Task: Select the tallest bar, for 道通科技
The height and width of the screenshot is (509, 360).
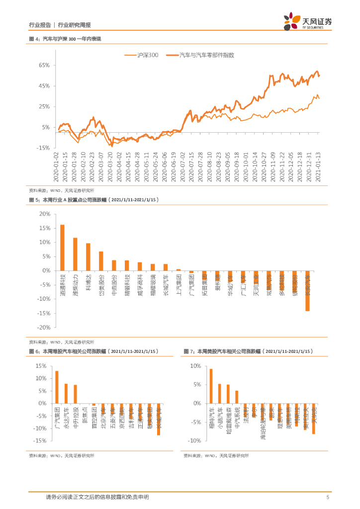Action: pyautogui.click(x=62, y=248)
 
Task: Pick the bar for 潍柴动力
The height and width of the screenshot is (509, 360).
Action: pyautogui.click(x=75, y=254)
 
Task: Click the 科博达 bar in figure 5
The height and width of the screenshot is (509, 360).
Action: pyautogui.click(x=88, y=257)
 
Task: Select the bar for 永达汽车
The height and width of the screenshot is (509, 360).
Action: pyautogui.click(x=66, y=394)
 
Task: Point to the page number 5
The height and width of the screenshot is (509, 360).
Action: pyautogui.click(x=328, y=497)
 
